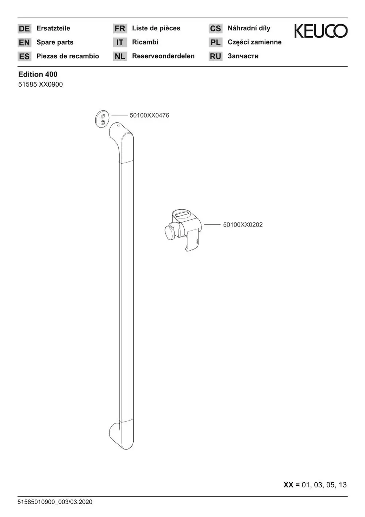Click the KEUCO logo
[321, 31]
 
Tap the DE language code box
[24, 28]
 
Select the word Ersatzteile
[53, 28]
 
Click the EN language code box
[24, 42]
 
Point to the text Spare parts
[55, 42]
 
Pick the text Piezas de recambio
[68, 56]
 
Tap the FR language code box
[120, 28]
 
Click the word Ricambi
[145, 42]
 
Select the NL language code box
[120, 56]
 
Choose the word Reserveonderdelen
[163, 56]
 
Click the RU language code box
[216, 56]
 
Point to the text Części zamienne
[254, 42]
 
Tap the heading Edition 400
[38, 74]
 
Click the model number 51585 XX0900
[41, 84]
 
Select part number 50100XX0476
[149, 115]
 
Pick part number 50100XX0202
[243, 225]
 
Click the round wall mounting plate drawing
[102, 119]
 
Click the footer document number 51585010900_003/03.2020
[55, 502]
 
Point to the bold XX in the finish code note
[288, 485]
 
